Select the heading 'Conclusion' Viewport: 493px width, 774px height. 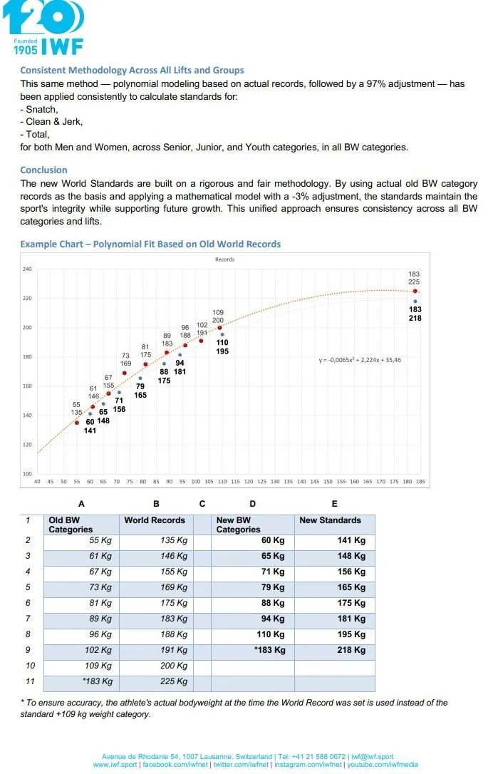pyautogui.click(x=43, y=170)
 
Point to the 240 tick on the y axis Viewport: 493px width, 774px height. pyautogui.click(x=27, y=269)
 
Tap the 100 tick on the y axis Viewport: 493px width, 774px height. pyautogui.click(x=27, y=474)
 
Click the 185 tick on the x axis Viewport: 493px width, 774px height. pyautogui.click(x=420, y=482)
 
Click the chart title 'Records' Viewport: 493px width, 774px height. pyautogui.click(x=224, y=259)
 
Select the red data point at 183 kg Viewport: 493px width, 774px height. pyautogui.click(x=415, y=291)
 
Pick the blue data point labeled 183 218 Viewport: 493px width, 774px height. pyautogui.click(x=415, y=301)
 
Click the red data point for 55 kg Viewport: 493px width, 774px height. pyautogui.click(x=77, y=423)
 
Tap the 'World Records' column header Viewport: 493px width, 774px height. pyautogui.click(x=155, y=520)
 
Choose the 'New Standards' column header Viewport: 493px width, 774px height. pyautogui.click(x=330, y=520)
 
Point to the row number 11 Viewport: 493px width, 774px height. pyautogui.click(x=29, y=681)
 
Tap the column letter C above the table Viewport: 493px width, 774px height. pyautogui.click(x=202, y=504)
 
